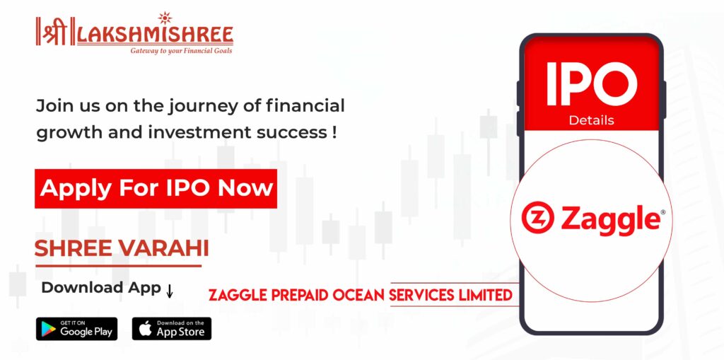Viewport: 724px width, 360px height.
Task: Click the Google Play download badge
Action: [76, 329]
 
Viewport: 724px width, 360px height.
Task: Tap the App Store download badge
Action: [172, 329]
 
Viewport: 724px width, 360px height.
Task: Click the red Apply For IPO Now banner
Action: [156, 189]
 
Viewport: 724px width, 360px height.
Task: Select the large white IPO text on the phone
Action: [592, 83]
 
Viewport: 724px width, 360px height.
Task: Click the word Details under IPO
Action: [592, 120]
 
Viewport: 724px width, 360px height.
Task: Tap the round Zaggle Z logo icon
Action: [537, 217]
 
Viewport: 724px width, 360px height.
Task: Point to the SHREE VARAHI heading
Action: [122, 249]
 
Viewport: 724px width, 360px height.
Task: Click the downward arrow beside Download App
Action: [170, 291]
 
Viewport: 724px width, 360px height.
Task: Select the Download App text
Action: [100, 287]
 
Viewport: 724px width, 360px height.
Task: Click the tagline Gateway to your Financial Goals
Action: [182, 50]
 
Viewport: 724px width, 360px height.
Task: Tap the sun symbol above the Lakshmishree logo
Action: [165, 18]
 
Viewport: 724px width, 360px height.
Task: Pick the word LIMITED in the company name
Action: [485, 296]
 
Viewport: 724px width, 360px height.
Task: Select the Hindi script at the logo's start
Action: [52, 32]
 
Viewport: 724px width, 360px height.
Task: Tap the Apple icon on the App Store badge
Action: [146, 329]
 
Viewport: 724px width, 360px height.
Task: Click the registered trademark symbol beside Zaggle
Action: [663, 211]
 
